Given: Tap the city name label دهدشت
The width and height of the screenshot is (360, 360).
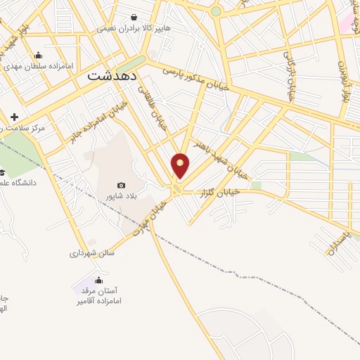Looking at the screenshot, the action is pyautogui.click(x=112, y=77).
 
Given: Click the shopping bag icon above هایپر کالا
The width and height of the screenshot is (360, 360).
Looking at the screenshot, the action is pyautogui.click(x=134, y=18).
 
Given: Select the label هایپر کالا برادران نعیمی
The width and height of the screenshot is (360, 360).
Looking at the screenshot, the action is pyautogui.click(x=134, y=29).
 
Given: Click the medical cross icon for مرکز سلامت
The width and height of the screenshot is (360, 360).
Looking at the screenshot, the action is pyautogui.click(x=15, y=116).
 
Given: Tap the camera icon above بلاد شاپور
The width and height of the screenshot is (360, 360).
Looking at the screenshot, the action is pyautogui.click(x=121, y=185).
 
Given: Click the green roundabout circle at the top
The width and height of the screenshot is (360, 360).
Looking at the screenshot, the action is pyautogui.click(x=217, y=11).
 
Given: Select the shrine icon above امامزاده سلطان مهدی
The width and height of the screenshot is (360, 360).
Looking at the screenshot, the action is pyautogui.click(x=38, y=56).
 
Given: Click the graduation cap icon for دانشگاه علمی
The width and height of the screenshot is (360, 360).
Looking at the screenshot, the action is pyautogui.click(x=2, y=172).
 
